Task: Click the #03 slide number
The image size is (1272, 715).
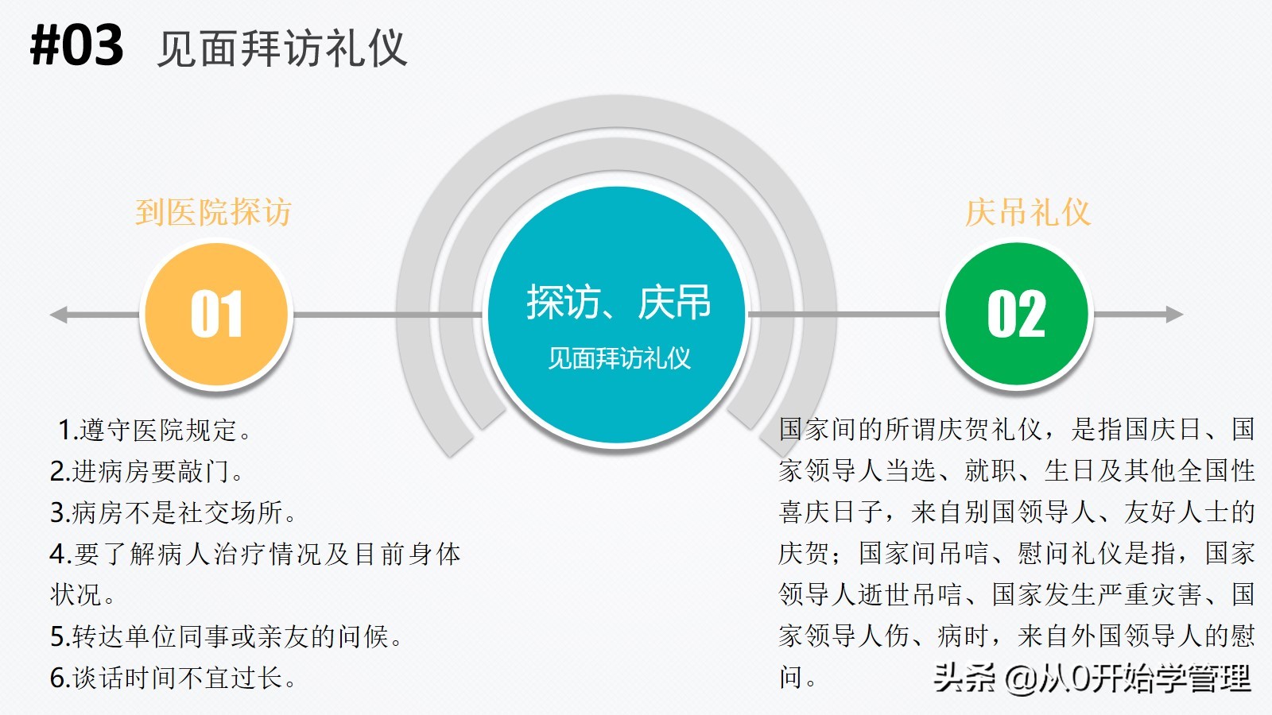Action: (77, 45)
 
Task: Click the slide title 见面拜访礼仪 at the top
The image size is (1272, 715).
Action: (282, 48)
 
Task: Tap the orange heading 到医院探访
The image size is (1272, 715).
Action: (214, 212)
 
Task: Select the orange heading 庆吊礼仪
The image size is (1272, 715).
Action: (1028, 212)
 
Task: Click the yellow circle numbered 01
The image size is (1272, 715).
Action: (216, 315)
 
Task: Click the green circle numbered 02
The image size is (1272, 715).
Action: (1017, 315)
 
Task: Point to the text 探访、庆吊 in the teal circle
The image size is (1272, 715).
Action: (619, 303)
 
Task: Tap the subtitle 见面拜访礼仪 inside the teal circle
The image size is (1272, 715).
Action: (619, 358)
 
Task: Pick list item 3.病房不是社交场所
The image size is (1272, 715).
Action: (173, 512)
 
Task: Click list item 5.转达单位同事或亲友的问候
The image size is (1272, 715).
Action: (226, 636)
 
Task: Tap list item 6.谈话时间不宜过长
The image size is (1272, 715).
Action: (173, 678)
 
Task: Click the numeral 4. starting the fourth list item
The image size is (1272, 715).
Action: (60, 554)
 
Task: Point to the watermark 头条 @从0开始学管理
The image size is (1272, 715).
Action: (1092, 678)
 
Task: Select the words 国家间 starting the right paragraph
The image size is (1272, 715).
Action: (817, 430)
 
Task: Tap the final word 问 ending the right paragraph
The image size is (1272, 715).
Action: (790, 678)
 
